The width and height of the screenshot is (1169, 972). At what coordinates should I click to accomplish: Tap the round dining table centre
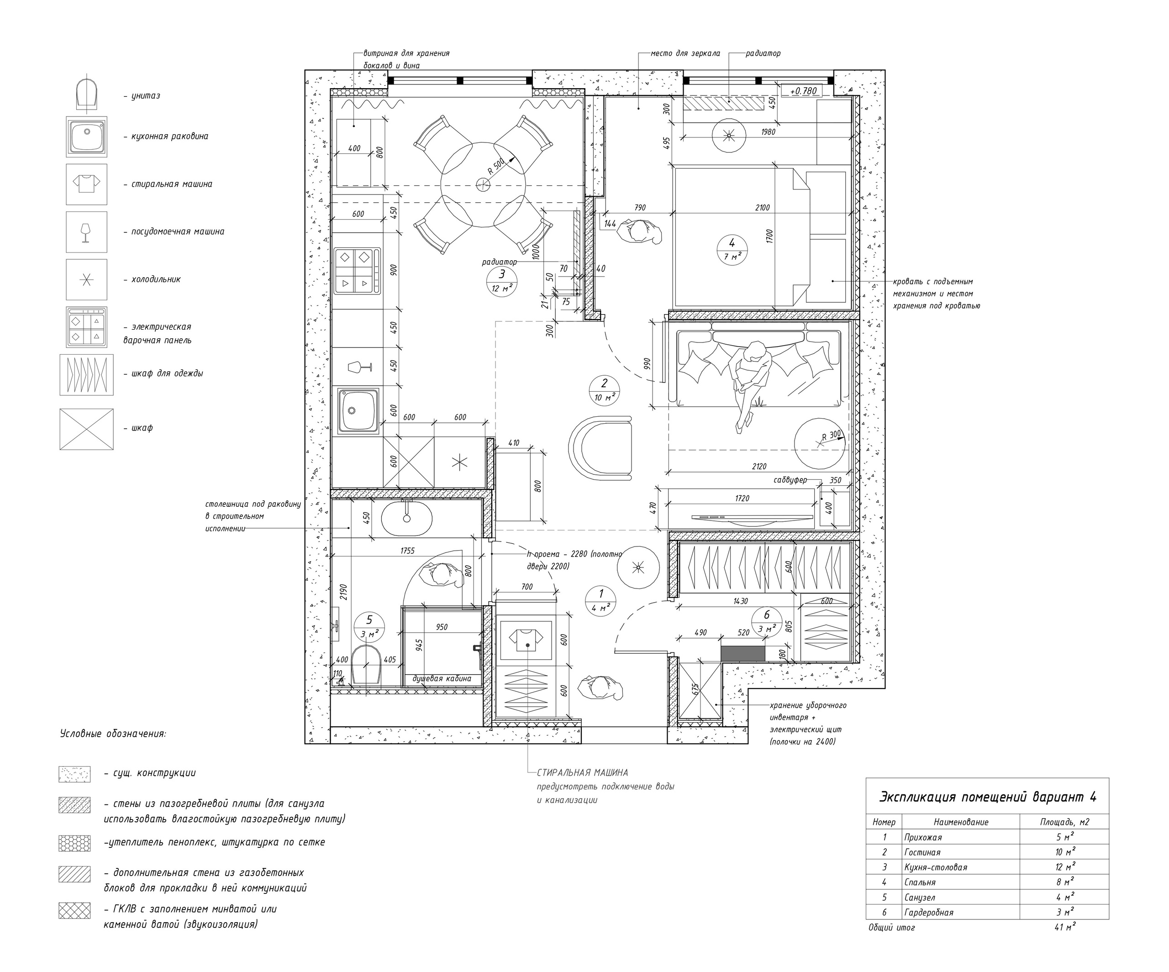point(483,185)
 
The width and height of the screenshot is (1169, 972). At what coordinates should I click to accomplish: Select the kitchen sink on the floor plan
point(358,410)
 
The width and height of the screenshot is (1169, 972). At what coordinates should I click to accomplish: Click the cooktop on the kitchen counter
point(358,271)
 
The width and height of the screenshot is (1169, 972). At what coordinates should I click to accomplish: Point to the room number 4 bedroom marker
point(732,249)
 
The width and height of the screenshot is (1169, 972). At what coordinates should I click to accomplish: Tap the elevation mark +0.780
point(803,91)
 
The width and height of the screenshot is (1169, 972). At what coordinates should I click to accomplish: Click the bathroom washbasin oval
point(406,518)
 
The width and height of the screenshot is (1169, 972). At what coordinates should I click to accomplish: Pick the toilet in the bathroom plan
point(366,664)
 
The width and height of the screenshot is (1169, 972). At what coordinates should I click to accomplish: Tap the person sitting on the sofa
point(750,384)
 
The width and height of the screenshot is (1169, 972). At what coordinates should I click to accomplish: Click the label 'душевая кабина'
point(442,678)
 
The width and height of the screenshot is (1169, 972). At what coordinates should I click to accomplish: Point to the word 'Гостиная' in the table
point(922,852)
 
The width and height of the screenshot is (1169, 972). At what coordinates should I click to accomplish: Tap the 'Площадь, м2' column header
point(1064,822)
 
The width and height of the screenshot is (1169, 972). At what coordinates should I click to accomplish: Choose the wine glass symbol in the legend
point(86,231)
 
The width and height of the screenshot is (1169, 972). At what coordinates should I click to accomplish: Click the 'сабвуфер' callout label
point(790,480)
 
